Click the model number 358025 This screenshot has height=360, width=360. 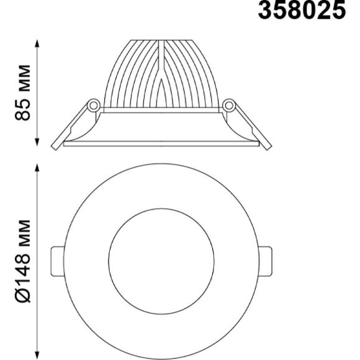302,12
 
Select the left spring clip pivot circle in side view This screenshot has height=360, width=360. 93,105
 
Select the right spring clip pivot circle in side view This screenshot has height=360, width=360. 228,105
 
